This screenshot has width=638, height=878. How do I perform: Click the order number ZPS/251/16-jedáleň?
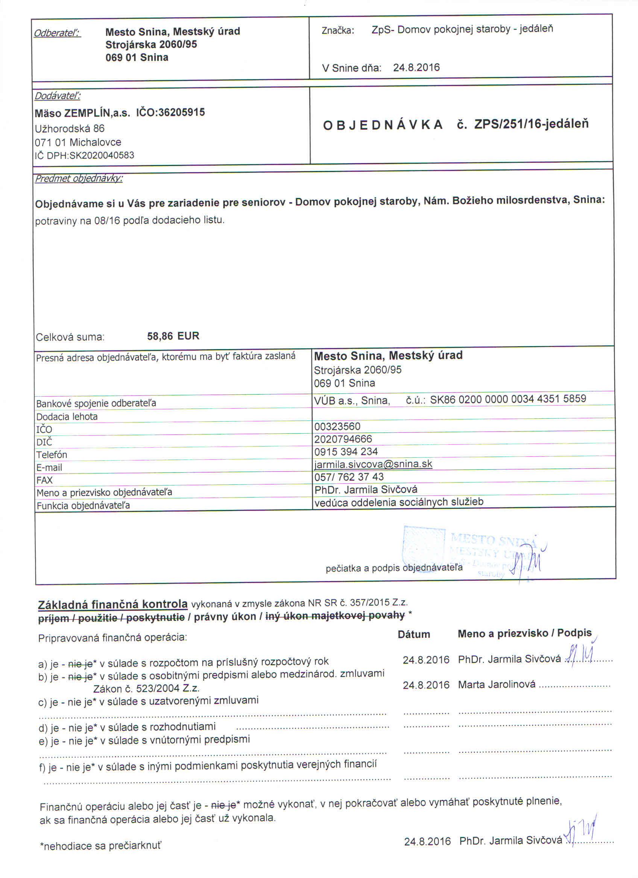point(531,124)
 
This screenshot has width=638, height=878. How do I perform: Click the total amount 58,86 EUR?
point(173,336)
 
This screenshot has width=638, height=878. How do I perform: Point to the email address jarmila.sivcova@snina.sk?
point(373,464)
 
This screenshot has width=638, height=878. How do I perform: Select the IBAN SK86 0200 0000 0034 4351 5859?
point(508,399)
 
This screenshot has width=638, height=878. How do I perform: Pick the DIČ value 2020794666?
point(343,439)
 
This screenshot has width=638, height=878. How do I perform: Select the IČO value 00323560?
point(337,426)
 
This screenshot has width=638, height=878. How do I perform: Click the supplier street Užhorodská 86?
point(70,128)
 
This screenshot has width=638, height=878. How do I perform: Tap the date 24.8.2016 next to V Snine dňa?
point(416,68)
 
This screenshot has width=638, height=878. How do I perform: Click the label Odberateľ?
point(57,33)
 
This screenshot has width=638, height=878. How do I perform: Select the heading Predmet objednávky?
point(79,179)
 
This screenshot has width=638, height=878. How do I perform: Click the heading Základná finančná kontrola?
point(113,604)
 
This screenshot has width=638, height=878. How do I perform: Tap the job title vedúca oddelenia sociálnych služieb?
point(399,502)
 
